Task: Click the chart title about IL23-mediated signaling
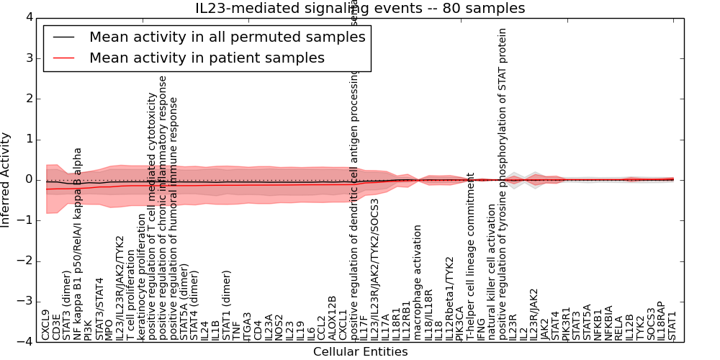click(x=360, y=8)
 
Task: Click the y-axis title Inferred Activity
click(x=6, y=179)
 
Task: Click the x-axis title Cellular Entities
click(x=360, y=351)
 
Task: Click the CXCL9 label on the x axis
click(x=46, y=325)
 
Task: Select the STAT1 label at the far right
click(x=672, y=325)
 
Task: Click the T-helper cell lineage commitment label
click(x=470, y=256)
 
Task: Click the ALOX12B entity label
click(x=332, y=318)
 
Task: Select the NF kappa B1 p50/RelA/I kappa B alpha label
click(x=78, y=244)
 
